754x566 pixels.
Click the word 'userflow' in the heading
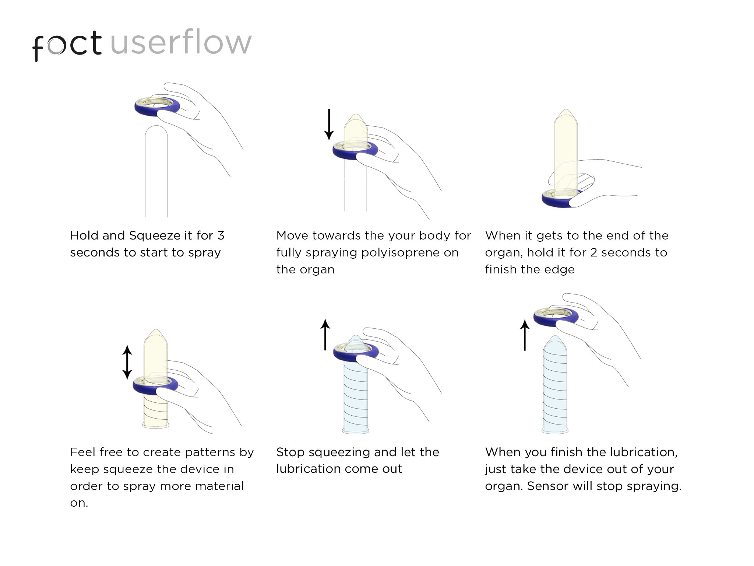(x=181, y=43)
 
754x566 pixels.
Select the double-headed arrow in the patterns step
(x=127, y=362)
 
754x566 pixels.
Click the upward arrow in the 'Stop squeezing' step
(x=325, y=335)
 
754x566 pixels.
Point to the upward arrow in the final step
(x=525, y=335)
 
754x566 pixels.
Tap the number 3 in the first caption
(x=221, y=236)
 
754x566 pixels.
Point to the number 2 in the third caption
(x=593, y=253)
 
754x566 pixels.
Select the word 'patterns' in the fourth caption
(x=210, y=453)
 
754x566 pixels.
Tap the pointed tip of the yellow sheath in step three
(x=565, y=112)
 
